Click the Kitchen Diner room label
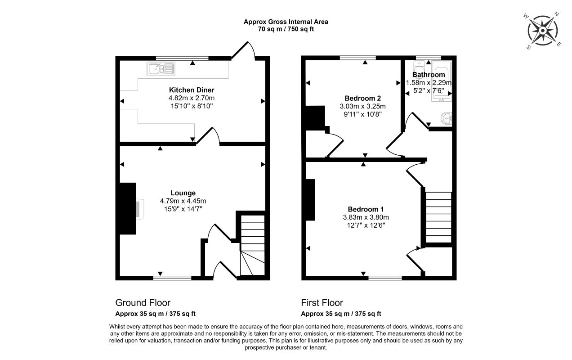[x=192, y=90]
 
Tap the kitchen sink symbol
[x=161, y=69]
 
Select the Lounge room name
[x=183, y=193]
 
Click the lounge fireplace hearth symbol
[x=140, y=209]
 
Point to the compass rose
[x=543, y=31]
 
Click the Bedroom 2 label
[x=362, y=98]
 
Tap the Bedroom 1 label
[x=366, y=209]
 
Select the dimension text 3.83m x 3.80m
[x=366, y=217]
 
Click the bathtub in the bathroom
[x=442, y=81]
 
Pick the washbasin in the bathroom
[x=447, y=118]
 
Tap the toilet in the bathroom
[x=419, y=67]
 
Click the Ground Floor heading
[x=143, y=303]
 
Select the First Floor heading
[x=322, y=303]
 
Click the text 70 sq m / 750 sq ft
[x=286, y=29]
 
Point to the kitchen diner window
[x=182, y=58]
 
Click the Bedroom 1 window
[x=385, y=278]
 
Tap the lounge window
[x=172, y=278]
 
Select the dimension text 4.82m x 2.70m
[x=192, y=98]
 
